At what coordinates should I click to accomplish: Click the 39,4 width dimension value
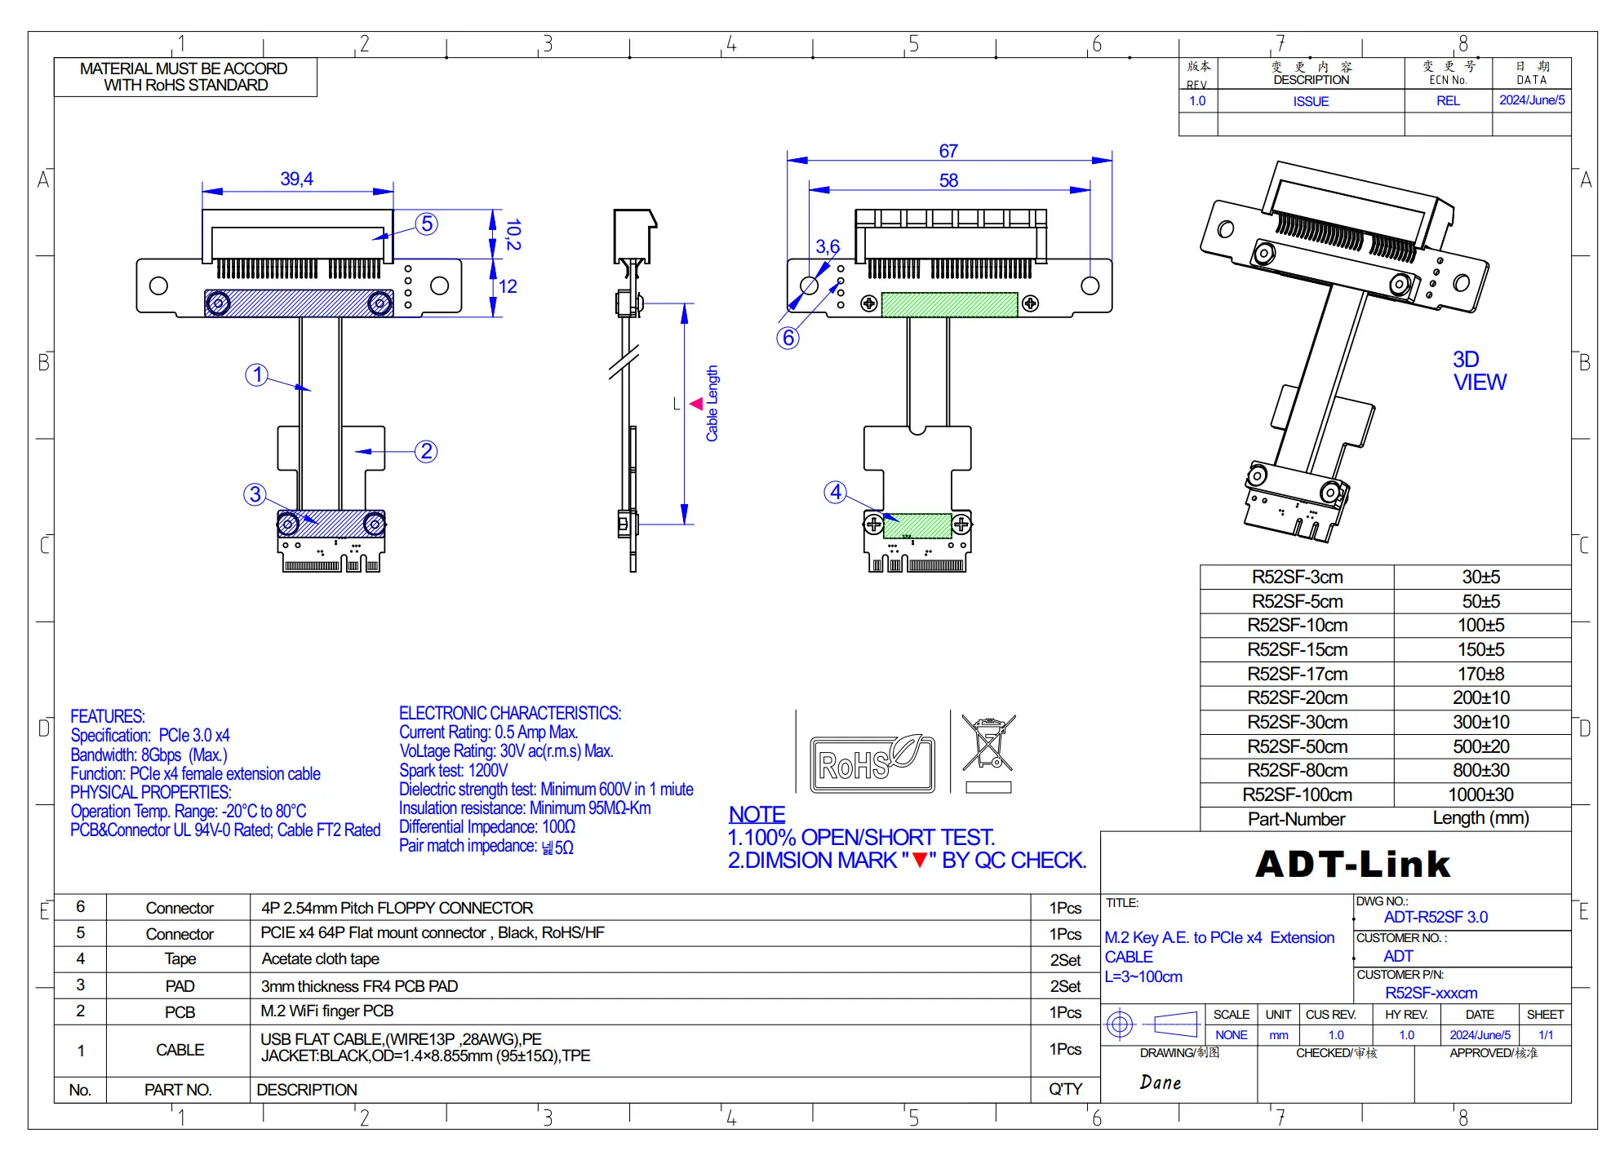coord(297,179)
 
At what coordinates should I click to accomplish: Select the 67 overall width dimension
coord(948,151)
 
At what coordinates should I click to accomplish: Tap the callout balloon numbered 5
coord(427,224)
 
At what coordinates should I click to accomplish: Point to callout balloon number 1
coord(257,374)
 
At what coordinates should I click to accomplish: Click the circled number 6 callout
coord(788,338)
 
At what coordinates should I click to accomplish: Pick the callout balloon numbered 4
coord(836,492)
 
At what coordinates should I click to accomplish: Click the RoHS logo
coord(872,763)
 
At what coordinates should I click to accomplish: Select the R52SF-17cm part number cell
coord(1297,674)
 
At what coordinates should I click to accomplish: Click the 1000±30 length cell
coord(1480,794)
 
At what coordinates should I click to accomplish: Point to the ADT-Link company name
coord(1353,864)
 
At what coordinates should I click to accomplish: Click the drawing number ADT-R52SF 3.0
coord(1436,917)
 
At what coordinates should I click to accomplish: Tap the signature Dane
coord(1161,1082)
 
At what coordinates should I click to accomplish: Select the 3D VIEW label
coord(1480,371)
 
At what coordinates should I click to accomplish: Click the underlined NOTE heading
coord(757,814)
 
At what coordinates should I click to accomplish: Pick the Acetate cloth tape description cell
coord(320,959)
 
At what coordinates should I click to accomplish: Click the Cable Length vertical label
coord(712,404)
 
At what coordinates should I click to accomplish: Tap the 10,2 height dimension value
coord(513,235)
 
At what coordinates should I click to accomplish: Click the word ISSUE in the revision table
coord(1311,101)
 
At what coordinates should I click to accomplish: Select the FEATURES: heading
coord(108,716)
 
